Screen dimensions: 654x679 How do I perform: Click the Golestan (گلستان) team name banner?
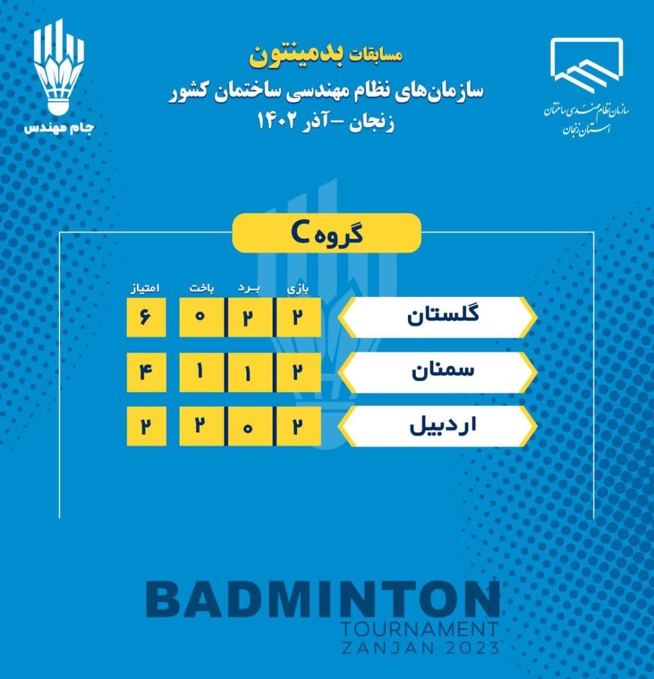coord(438,317)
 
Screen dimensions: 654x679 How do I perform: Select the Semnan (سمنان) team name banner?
coord(438,372)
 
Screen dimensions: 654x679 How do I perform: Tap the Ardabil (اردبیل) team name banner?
coord(438,427)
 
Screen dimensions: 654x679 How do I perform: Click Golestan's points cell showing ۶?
coord(146,317)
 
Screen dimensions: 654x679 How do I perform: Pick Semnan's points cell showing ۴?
coord(146,372)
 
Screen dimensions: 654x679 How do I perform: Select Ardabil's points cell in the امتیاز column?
coord(146,427)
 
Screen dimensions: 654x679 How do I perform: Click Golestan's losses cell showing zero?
coord(201,317)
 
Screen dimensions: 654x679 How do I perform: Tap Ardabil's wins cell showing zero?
coord(249,427)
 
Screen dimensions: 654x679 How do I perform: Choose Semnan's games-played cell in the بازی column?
coord(299,372)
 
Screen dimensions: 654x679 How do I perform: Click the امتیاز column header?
coord(145,289)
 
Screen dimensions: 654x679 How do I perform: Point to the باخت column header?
coord(202,289)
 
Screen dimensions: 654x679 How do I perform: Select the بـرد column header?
coord(249,289)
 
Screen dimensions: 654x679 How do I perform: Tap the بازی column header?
coord(298,290)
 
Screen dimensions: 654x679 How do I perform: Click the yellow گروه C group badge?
coord(327,233)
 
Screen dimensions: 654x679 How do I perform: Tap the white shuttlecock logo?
coord(59,67)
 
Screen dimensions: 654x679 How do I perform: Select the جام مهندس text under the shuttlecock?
coord(59,128)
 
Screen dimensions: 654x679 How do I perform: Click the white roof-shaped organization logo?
coord(587,65)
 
